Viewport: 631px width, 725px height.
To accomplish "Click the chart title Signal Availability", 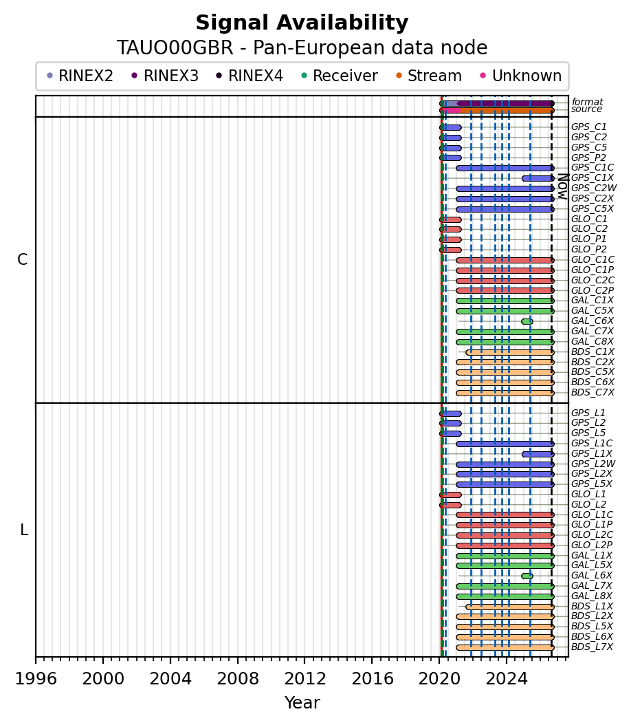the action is (x=302, y=23).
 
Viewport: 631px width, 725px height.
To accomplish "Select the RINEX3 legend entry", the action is (x=166, y=76).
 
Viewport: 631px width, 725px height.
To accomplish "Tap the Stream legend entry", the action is (x=429, y=76).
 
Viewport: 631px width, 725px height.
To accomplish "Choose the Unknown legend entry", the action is (x=521, y=76).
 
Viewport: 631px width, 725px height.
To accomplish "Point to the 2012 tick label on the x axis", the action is (x=305, y=679).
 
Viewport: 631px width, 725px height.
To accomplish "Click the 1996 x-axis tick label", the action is (x=36, y=679).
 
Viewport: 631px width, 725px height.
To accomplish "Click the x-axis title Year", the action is (x=302, y=703).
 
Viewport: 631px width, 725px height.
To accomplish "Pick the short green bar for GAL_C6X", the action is (x=527, y=321).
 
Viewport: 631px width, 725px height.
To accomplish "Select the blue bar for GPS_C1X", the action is (x=538, y=178).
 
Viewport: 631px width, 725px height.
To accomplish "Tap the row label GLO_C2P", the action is (x=593, y=290).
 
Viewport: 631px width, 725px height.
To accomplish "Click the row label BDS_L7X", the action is (x=592, y=647).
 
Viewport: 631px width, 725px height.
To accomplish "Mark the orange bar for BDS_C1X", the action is (x=510, y=352).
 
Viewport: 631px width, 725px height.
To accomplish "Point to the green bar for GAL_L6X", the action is (x=527, y=576).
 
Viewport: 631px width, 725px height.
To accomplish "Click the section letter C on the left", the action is (x=22, y=260).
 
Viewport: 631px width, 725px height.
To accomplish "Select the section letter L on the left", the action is (x=24, y=530).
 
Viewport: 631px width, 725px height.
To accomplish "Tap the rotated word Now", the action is (x=563, y=186).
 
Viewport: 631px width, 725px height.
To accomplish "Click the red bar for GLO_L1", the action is (x=450, y=495).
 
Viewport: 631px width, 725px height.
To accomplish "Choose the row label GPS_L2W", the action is (x=593, y=464).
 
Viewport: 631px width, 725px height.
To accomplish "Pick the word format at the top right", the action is (x=587, y=102).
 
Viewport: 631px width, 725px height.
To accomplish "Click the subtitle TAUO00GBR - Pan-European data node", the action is (x=302, y=48).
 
